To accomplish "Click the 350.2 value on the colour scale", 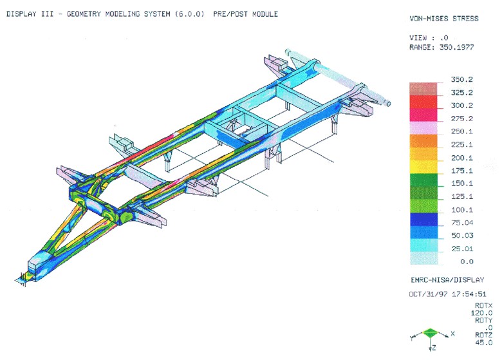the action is (461, 79).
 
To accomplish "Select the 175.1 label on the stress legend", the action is (461, 171).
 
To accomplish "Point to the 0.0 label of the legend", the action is (467, 261).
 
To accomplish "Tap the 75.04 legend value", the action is (462, 223).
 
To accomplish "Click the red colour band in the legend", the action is (423, 102).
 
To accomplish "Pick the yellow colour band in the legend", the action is (423, 167).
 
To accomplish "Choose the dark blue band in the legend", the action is (423, 220).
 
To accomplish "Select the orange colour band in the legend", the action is (423, 141).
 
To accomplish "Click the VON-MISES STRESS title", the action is (444, 19).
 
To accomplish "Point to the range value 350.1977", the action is (456, 48).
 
